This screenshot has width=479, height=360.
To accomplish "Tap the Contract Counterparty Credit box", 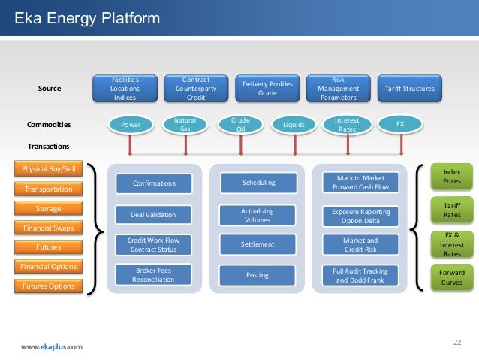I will click(196, 88).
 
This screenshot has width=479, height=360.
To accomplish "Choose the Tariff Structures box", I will click(409, 88).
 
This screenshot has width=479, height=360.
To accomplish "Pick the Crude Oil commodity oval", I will click(241, 124).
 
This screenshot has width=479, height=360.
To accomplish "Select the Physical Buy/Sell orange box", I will click(49, 169).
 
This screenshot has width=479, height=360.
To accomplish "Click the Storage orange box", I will click(49, 208).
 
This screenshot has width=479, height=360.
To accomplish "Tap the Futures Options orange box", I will click(49, 286).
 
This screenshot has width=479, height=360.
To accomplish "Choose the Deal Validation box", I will click(154, 215).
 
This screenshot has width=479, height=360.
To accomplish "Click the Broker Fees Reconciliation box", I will click(154, 274).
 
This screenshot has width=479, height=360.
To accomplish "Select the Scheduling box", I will click(258, 183).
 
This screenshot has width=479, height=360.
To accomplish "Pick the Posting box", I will click(258, 275).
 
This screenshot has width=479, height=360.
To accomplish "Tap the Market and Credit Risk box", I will click(360, 244).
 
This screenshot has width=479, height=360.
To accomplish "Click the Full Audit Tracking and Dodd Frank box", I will click(360, 275).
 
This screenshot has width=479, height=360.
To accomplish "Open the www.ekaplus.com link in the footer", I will click(52, 346).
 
